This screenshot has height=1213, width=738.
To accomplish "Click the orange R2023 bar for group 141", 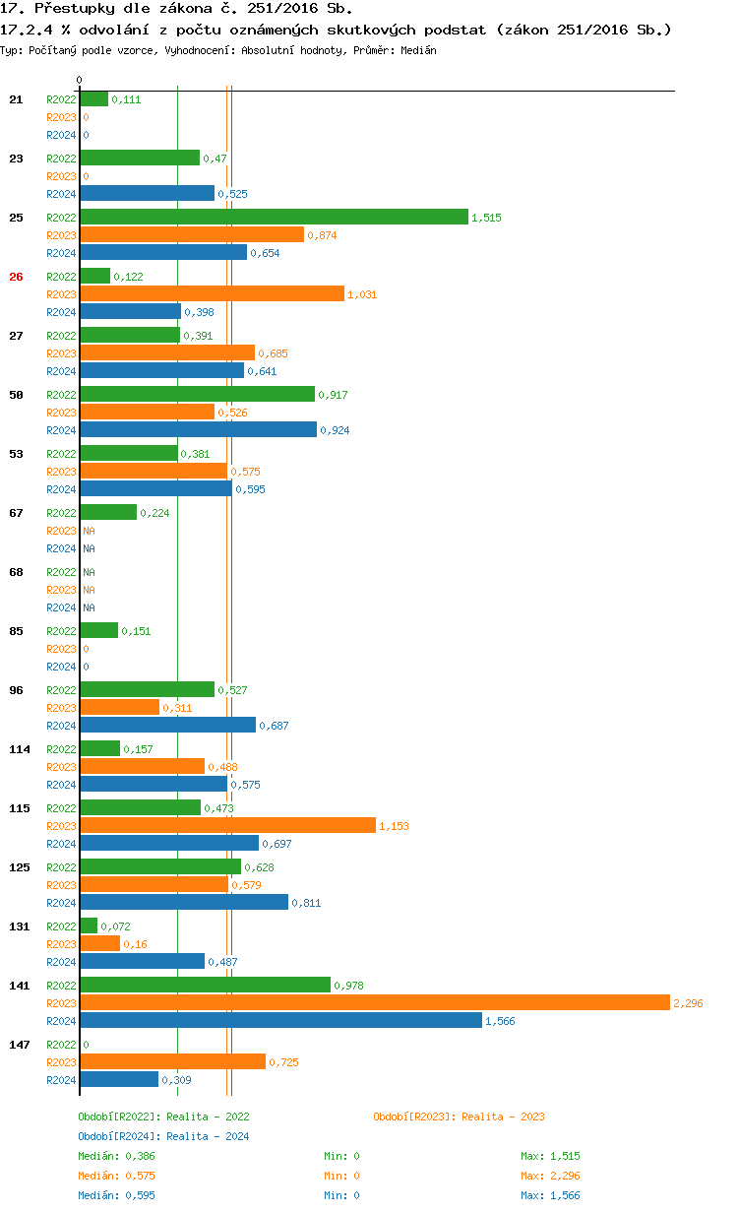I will [374, 1002].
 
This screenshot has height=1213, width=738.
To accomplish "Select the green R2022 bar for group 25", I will [274, 217].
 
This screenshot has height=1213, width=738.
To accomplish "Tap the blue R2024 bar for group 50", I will [198, 429].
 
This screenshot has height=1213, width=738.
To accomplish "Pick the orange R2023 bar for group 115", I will [227, 825].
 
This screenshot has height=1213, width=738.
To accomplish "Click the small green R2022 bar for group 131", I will [89, 926].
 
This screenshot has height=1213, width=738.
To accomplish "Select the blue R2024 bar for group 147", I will [119, 1079].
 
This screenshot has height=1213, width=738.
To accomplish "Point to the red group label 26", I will [16, 277].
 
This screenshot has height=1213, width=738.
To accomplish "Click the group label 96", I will [16, 690].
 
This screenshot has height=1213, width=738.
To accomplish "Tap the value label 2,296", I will [688, 1003].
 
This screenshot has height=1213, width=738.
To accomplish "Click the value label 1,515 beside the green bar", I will [486, 218].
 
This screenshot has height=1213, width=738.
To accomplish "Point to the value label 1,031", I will [362, 294].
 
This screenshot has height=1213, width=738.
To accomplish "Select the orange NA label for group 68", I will [89, 590].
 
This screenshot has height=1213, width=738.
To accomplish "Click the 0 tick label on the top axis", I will [80, 80].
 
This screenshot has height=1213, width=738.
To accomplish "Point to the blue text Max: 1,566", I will [550, 1195].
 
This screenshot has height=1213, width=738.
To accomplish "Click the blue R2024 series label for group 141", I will [61, 1021].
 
